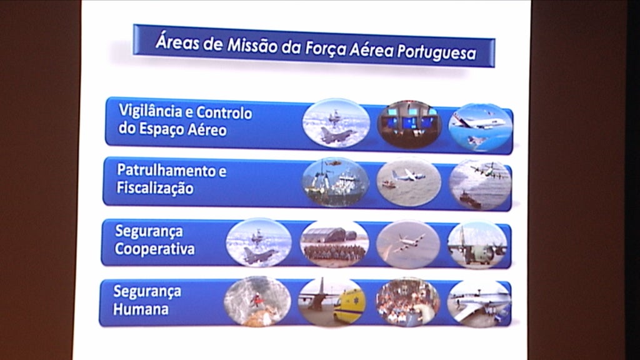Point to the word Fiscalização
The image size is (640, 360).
point(154,188)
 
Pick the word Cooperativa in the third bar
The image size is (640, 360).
point(154,249)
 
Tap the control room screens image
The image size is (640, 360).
point(409,123)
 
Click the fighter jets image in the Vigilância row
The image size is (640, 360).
point(336,123)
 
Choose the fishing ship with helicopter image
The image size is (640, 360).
point(335,182)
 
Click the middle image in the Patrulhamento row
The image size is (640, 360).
point(408,182)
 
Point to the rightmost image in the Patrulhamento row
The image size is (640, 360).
point(480,184)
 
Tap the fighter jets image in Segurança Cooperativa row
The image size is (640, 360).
point(258,242)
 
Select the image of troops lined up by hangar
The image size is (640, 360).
point(334,244)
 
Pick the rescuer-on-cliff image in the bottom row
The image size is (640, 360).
point(257,301)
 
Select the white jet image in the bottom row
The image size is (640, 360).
point(479,303)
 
